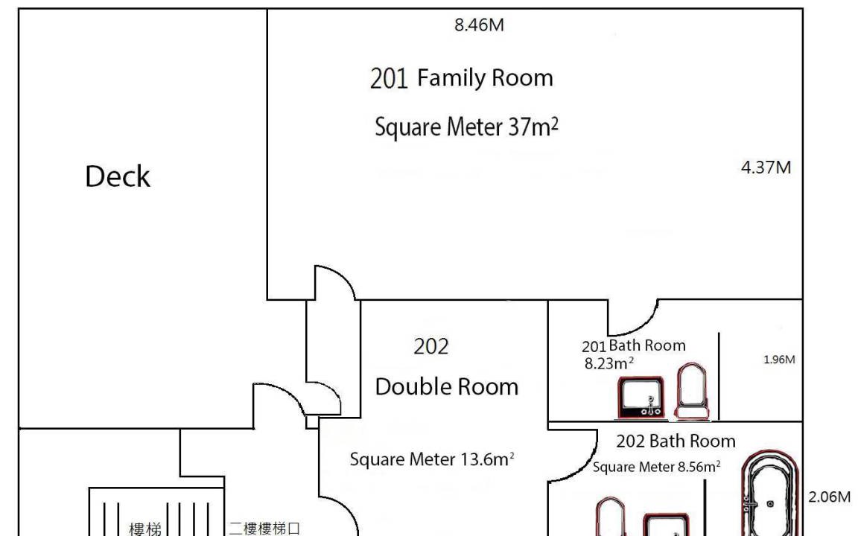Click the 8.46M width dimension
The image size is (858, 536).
479,25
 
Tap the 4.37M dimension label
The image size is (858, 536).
766,167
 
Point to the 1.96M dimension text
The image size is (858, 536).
778,360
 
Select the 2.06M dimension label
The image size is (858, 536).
829,497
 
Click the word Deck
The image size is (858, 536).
118,176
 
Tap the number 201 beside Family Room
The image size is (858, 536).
389,77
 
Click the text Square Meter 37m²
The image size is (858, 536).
467,127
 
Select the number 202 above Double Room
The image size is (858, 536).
431,346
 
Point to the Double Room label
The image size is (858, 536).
447,386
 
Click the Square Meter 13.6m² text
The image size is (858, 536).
432,459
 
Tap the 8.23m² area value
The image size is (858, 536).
609,363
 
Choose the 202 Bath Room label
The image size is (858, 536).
676,441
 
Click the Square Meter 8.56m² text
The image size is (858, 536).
656,467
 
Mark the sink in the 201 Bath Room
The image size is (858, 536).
641,398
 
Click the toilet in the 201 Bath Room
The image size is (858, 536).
692,392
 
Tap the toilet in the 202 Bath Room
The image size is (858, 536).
610,517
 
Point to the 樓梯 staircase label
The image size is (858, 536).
145,529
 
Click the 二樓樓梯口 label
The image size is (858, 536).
264,529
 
